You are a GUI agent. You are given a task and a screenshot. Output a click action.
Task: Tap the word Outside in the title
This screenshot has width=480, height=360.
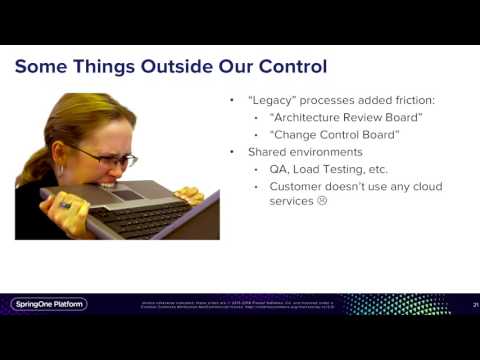(172, 68)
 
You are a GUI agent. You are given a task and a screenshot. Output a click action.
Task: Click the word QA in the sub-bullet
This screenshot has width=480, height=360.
(277, 169)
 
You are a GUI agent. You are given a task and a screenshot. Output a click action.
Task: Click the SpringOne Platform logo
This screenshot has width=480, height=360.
(49, 304)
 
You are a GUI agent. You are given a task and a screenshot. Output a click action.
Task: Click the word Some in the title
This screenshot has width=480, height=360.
(45, 68)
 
